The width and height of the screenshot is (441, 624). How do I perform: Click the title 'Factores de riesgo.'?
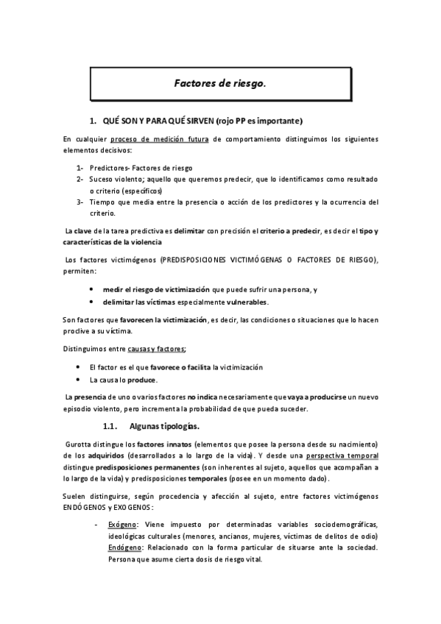point(219,84)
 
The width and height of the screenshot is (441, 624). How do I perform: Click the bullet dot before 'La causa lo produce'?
point(79,380)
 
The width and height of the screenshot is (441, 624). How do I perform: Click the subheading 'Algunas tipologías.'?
point(165,426)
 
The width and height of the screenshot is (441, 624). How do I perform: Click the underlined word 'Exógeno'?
point(121,523)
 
